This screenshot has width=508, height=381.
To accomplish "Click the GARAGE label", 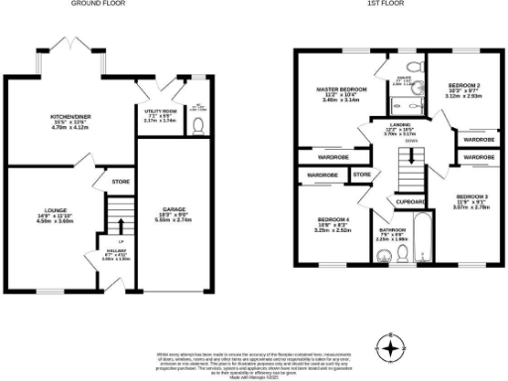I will (x=173, y=209).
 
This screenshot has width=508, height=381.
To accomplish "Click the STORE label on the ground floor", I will (x=120, y=182).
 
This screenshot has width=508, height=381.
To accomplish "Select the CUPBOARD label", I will (x=410, y=202).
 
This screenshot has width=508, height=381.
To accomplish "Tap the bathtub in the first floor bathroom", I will (x=421, y=243).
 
